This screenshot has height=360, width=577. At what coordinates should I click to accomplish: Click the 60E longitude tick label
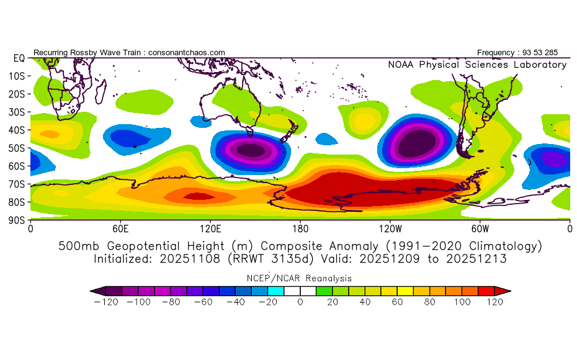coord(120,229)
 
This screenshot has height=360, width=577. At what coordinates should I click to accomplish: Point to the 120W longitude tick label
coord(390,229)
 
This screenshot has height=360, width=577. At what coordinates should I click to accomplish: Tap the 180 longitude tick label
coord(300,229)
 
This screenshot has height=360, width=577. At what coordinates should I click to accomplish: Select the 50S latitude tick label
coord(17,148)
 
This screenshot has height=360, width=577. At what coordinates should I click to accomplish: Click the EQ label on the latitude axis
coord(19,58)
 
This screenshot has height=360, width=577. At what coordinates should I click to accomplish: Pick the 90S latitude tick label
coord(17,220)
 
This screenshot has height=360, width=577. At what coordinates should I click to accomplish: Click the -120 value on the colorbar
coord(106,302)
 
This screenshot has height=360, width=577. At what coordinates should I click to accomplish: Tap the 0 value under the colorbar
coord(300,302)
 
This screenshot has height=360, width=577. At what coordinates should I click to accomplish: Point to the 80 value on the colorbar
coord(429,302)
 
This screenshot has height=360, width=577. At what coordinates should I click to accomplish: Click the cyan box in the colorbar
coord(275,291)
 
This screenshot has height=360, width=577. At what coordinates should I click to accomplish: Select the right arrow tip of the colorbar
coord(511,291)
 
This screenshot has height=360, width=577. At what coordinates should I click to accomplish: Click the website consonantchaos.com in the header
coord(187,53)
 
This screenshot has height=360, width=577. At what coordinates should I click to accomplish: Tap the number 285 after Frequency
coord(551,53)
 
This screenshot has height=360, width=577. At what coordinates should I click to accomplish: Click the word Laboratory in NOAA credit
coord(540,65)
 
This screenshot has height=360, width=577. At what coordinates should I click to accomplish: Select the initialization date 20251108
coord(190,259)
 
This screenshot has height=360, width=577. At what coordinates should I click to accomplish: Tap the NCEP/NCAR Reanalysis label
coord(299,278)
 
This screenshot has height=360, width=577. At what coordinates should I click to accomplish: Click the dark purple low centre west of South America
coord(416,143)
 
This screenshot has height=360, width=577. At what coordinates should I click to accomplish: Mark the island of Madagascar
coord(101,92)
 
